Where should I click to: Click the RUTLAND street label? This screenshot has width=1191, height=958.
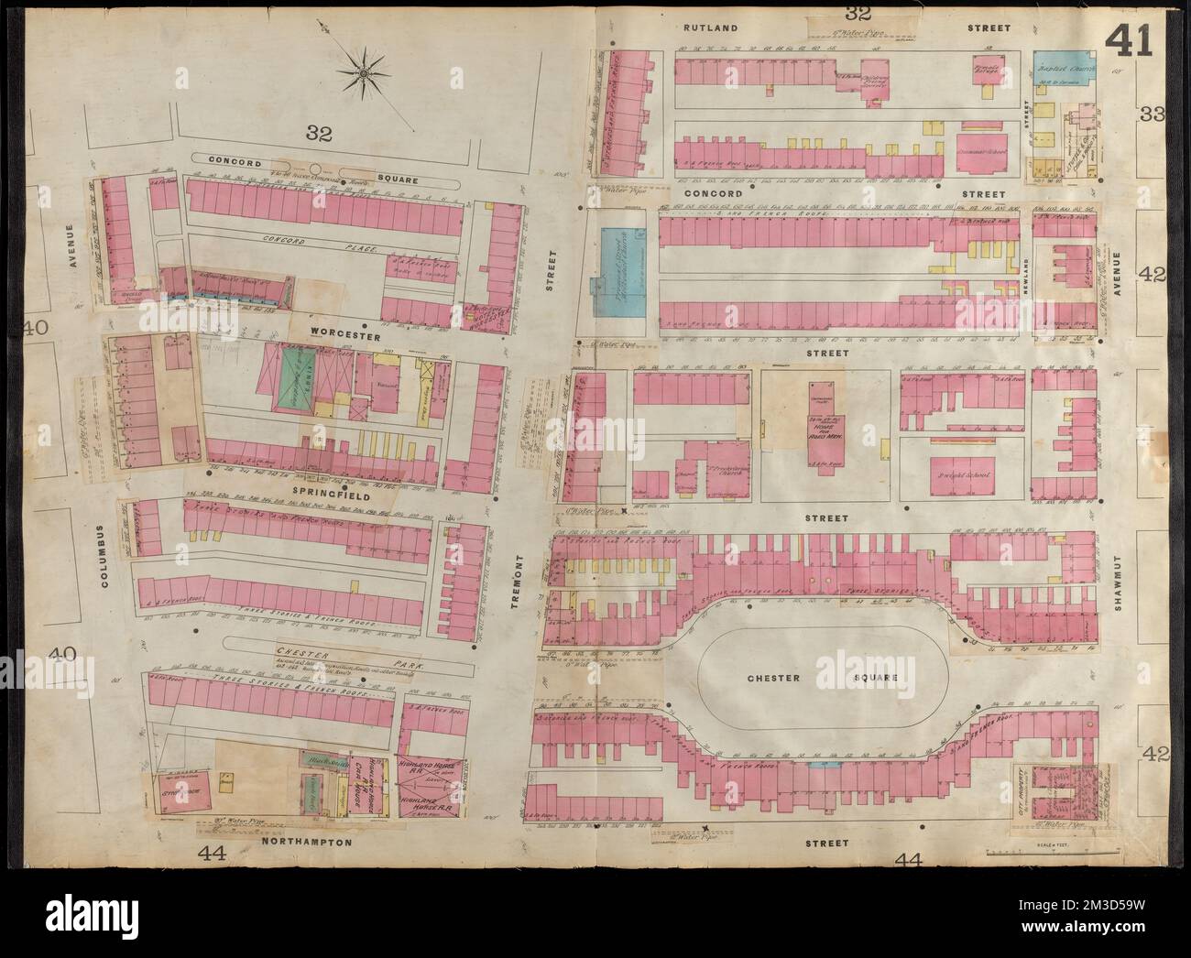[710, 28]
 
